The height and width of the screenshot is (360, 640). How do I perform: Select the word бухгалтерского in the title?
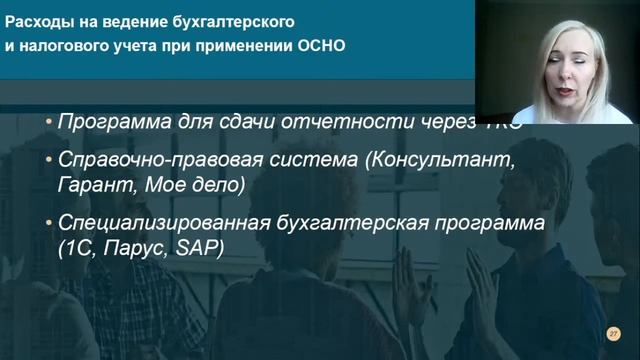point(252,20)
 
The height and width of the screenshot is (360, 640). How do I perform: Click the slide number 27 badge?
point(614,333)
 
